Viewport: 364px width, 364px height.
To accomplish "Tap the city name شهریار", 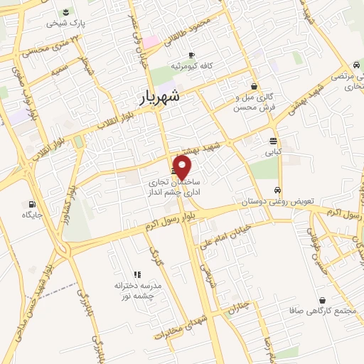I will (162, 96).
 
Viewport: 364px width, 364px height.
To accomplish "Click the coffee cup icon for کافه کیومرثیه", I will (191, 55).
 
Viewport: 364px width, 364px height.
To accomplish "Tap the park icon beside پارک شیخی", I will (66, 12).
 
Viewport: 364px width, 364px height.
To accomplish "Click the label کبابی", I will (274, 151).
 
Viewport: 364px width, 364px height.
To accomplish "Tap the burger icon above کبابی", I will (274, 140).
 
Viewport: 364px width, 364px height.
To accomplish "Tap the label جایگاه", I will (33, 214).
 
